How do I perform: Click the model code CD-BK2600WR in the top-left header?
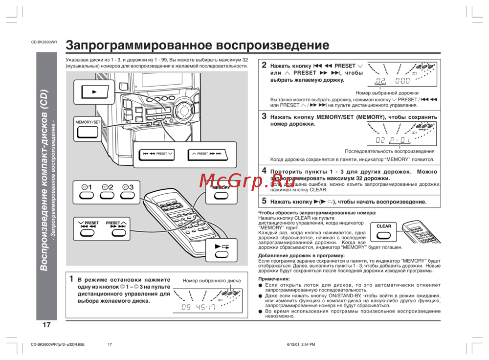point(44,43)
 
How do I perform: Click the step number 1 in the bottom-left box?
point(71,279)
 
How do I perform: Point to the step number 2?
point(264,65)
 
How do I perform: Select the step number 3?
point(264,116)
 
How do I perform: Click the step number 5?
point(264,201)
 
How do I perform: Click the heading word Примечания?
point(275,278)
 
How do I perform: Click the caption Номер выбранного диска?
point(212,281)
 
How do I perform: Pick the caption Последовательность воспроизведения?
point(389,151)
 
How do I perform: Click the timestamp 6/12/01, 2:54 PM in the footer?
point(301,345)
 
